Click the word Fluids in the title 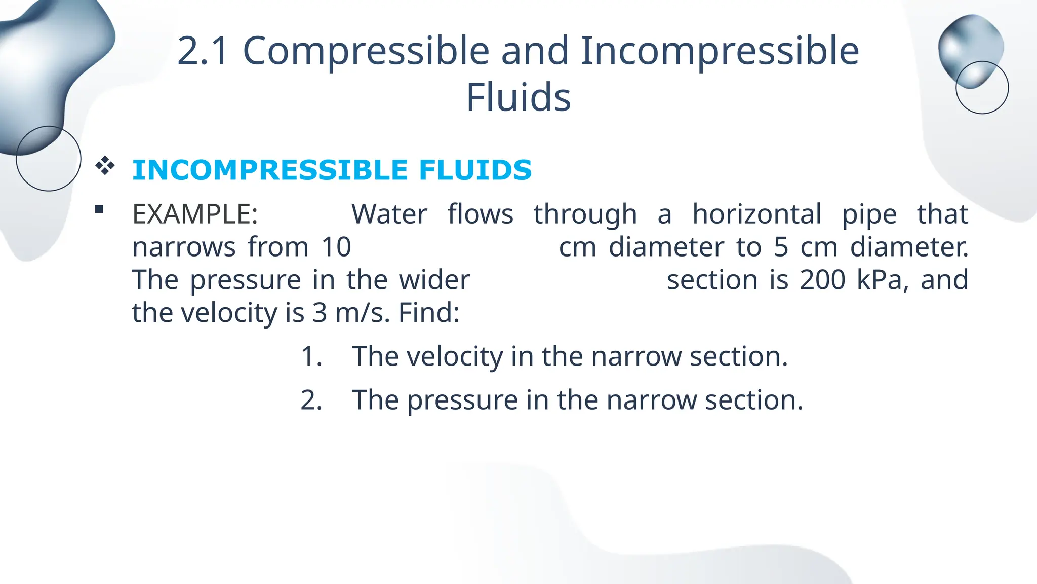518,97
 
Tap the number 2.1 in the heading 203,51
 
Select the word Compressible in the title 366,52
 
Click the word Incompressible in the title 720,52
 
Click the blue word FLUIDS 475,170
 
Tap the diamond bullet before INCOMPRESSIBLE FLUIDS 105,166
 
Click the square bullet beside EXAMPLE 99,209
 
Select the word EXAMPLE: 195,214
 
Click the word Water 389,214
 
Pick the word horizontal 756,214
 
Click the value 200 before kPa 822,280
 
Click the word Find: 429,313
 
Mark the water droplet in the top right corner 971,51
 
